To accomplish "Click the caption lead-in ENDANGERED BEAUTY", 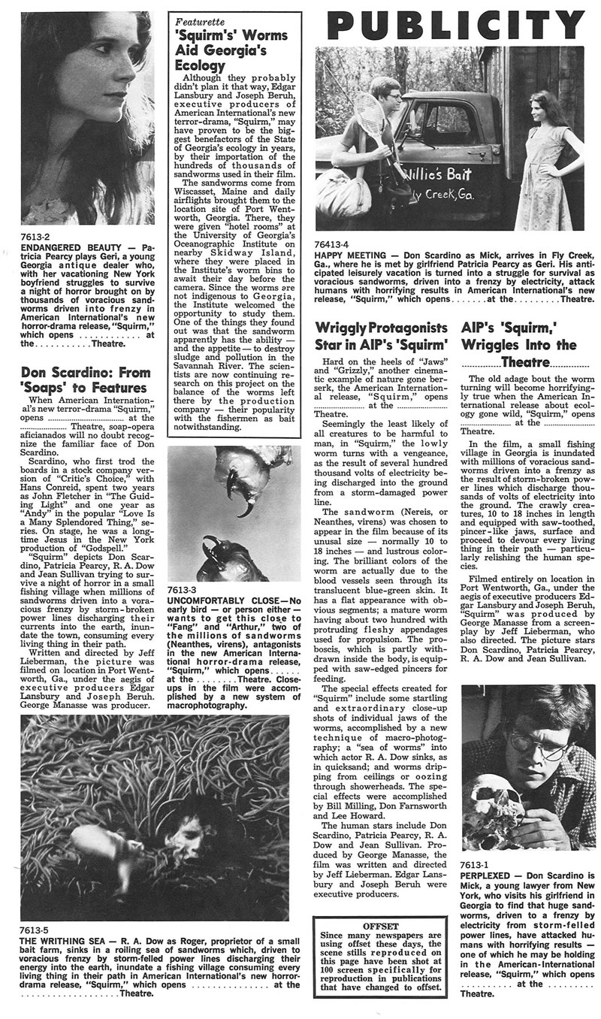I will pos(65,246).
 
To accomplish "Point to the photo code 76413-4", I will pos(334,243).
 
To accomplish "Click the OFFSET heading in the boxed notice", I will pos(379,926).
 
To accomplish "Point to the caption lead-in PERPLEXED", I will pos(489,875).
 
